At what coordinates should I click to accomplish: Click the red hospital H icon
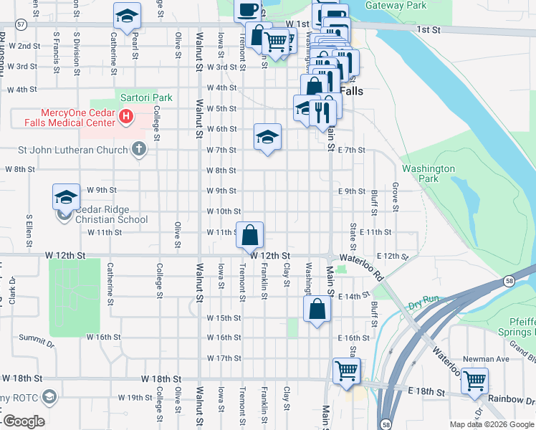[x=126, y=115]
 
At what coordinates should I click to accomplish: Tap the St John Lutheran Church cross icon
[x=139, y=150]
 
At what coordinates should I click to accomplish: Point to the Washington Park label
[x=429, y=173]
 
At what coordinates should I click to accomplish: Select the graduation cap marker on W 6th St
[x=267, y=138]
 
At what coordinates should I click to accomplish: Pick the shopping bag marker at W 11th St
[x=249, y=236]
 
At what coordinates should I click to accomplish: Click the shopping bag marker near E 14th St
[x=317, y=310]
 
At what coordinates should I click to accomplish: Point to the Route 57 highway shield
[x=23, y=24]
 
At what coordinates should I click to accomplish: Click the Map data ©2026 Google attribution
[x=491, y=424]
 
